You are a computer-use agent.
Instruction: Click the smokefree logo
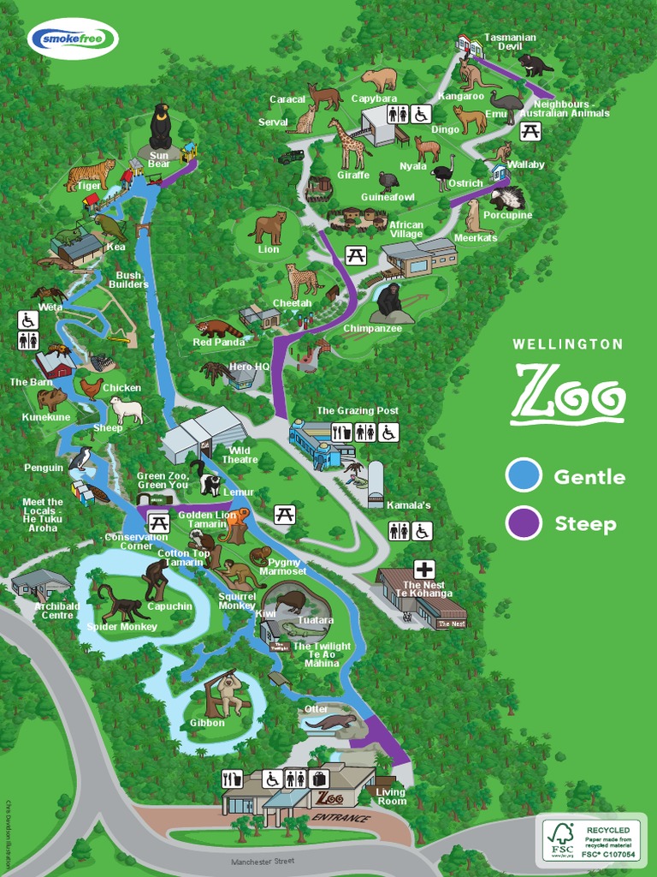(73, 39)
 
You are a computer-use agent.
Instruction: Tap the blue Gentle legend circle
(524, 476)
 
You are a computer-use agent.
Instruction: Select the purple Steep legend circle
(524, 522)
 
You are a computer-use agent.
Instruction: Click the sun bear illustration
(160, 127)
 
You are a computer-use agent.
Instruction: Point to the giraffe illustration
(348, 143)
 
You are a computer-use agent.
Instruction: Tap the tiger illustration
(91, 174)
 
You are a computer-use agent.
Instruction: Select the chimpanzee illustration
(389, 301)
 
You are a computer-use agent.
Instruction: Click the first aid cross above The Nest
(424, 569)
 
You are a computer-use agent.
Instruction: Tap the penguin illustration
(81, 459)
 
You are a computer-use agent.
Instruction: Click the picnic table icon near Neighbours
(530, 131)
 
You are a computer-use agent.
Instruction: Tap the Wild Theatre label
(240, 455)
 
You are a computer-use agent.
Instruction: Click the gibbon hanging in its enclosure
(228, 693)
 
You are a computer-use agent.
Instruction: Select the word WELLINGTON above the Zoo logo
(567, 344)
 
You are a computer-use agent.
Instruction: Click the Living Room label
(392, 796)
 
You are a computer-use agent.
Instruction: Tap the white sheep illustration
(127, 409)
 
